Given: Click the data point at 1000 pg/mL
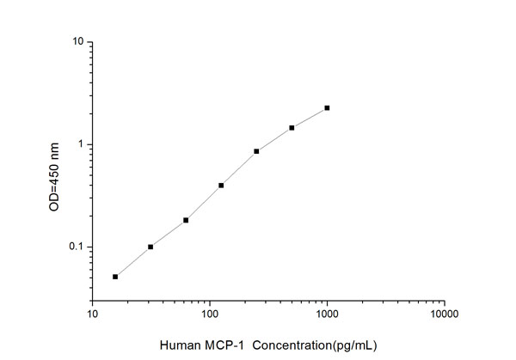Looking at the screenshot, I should (327, 108).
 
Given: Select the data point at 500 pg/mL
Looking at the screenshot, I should (292, 128).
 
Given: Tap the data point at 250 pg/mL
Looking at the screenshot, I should (256, 151).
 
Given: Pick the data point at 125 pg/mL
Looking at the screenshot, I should (221, 186).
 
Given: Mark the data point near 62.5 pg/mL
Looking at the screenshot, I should (186, 220).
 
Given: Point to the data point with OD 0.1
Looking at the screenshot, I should (150, 247).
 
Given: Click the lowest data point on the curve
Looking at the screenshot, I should (115, 277).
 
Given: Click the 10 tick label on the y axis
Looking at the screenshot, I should (77, 42).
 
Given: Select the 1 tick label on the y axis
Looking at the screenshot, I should (80, 144).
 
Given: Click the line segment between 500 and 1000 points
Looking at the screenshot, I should (310, 118).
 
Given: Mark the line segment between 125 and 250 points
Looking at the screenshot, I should (239, 168).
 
